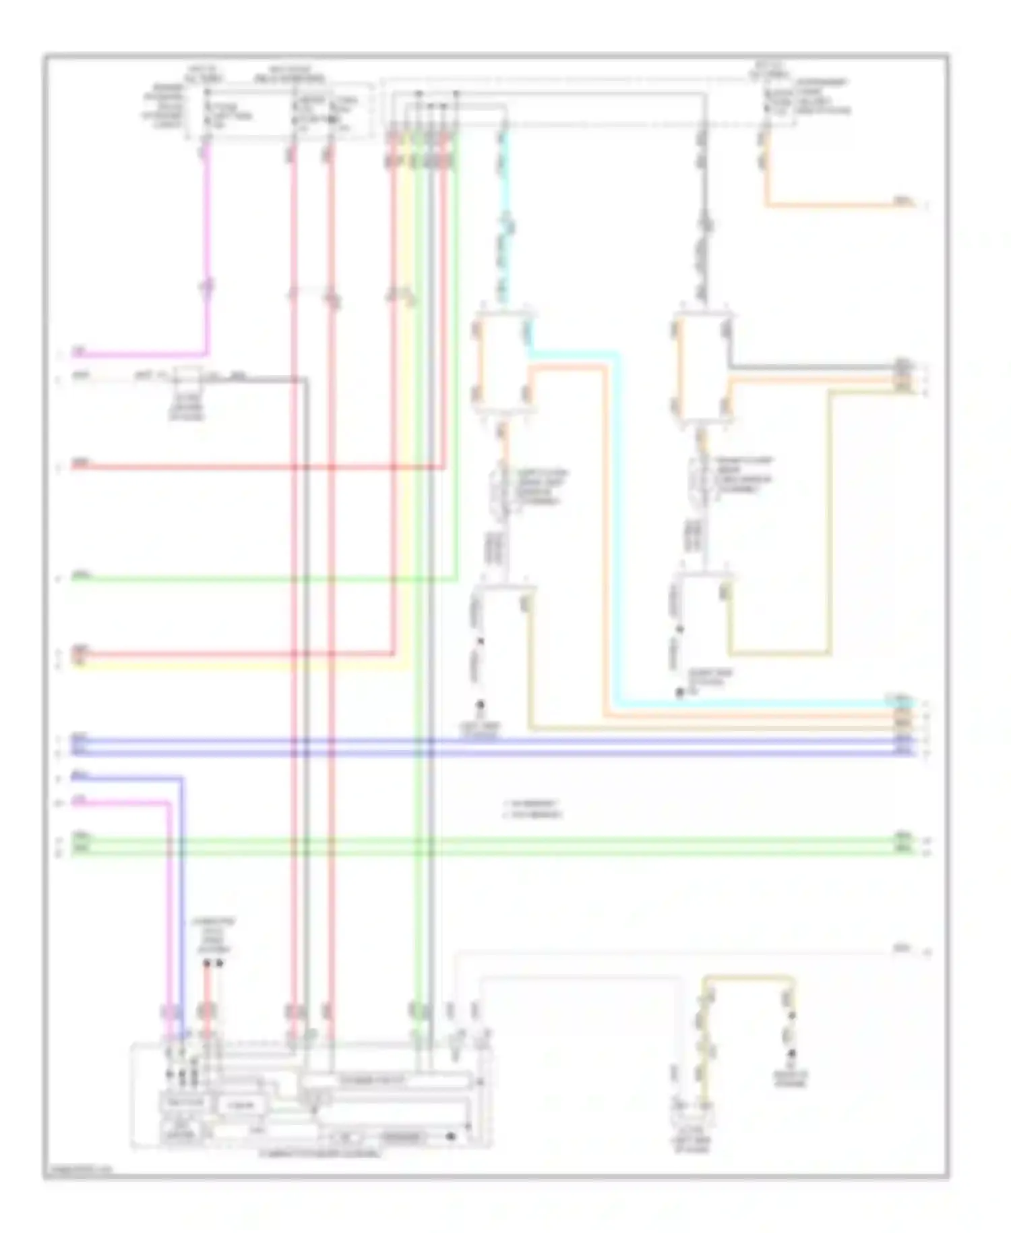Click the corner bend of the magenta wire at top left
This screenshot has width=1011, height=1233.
[x=207, y=353]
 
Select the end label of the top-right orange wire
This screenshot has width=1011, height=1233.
[x=903, y=201]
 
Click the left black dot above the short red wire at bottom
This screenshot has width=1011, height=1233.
[x=208, y=964]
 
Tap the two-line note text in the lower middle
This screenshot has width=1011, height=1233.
[x=533, y=809]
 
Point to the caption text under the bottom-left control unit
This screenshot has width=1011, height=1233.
[x=320, y=1154]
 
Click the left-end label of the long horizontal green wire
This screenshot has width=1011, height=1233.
[x=81, y=575]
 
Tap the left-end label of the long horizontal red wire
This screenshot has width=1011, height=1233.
[x=81, y=463]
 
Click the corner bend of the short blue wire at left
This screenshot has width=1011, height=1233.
[x=181, y=778]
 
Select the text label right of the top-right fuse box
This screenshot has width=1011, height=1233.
[x=822, y=96]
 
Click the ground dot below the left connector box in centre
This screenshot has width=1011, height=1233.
[x=481, y=706]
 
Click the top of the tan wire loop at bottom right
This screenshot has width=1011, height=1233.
[x=748, y=977]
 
